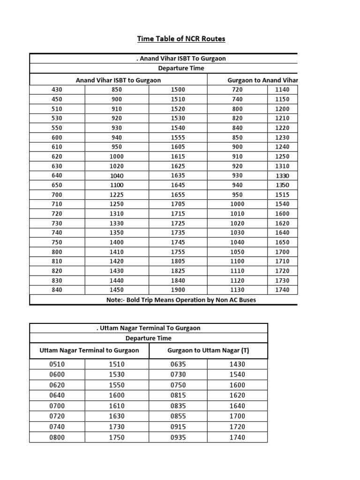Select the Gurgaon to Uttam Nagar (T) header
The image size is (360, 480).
(208, 350)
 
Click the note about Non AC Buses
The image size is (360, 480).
(181, 300)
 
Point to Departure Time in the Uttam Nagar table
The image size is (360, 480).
(149, 338)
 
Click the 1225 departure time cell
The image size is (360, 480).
(116, 195)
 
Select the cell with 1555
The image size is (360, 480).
(178, 137)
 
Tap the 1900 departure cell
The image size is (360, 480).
(178, 290)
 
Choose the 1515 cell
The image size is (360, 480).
(282, 195)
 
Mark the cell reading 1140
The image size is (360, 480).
(282, 90)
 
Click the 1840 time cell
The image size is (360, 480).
(178, 280)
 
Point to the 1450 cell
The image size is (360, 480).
(116, 290)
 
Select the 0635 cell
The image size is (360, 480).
(178, 364)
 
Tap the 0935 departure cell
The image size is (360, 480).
(178, 437)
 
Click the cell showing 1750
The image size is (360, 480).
(116, 437)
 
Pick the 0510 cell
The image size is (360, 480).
(57, 364)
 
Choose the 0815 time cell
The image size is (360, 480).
(178, 396)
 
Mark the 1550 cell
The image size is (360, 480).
(116, 385)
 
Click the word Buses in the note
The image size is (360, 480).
(245, 300)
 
